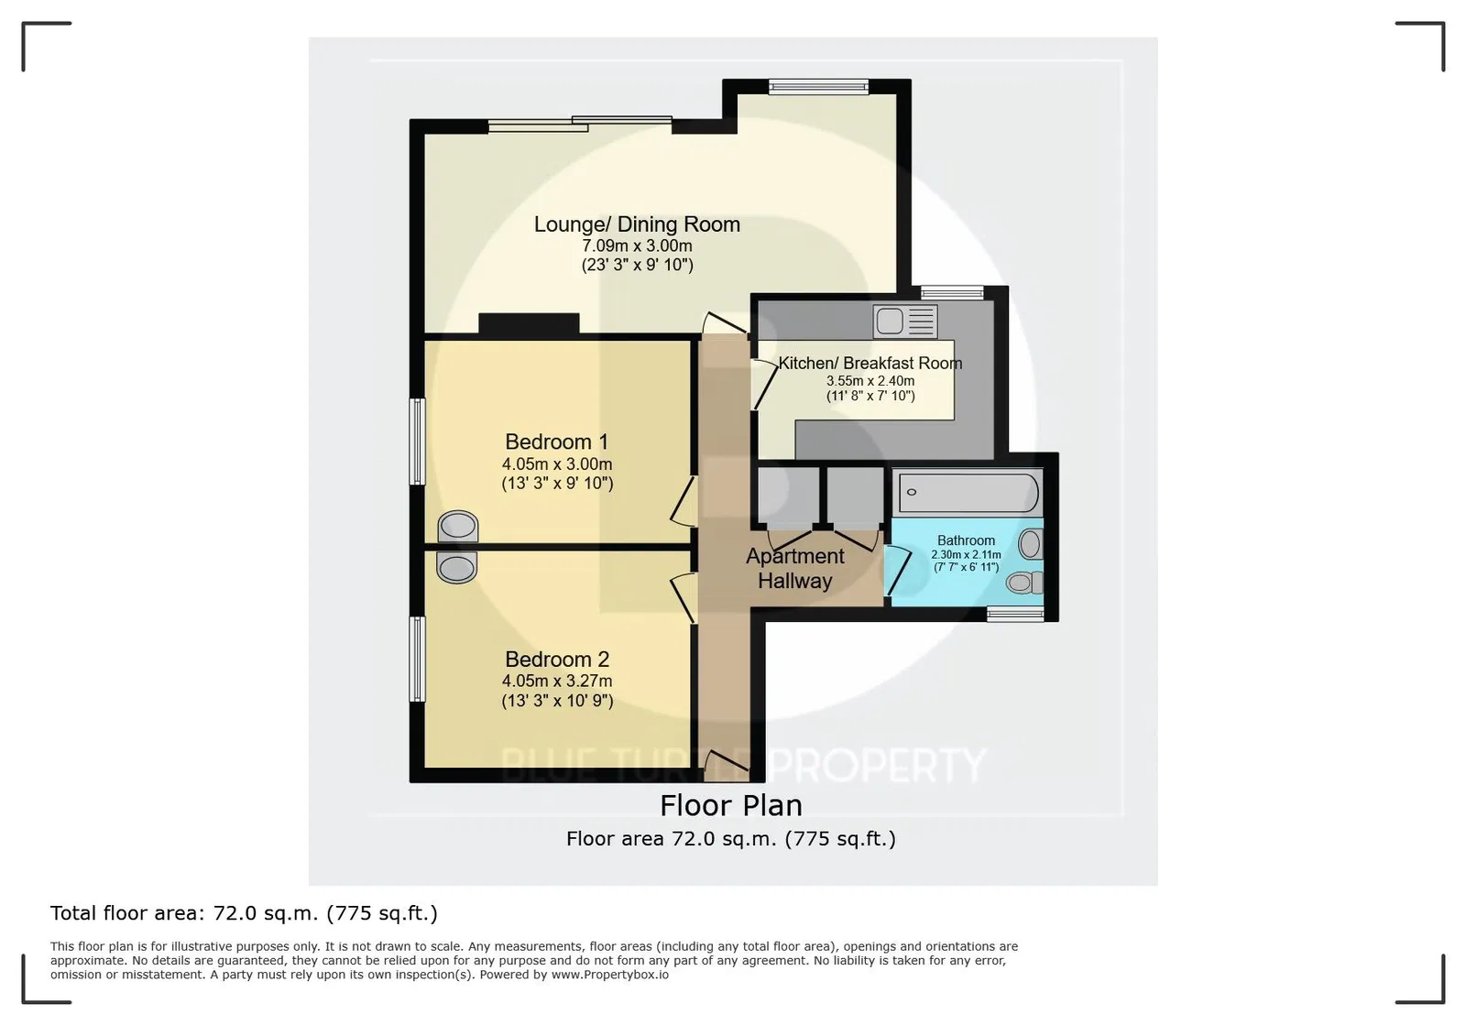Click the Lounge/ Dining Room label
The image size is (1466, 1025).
(x=637, y=224)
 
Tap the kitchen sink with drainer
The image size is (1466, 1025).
(x=905, y=322)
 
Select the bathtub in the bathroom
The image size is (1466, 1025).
(x=968, y=493)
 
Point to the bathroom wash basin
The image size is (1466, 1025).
(x=1030, y=544)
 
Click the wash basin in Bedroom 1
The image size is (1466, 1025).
(x=457, y=527)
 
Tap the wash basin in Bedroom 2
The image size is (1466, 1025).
(x=457, y=566)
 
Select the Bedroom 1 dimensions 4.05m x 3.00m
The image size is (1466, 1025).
(x=557, y=464)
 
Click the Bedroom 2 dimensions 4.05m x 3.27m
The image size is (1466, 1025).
(x=557, y=681)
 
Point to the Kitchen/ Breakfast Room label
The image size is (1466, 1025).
(x=870, y=363)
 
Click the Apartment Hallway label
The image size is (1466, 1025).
(x=795, y=569)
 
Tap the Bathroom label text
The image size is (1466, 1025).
(x=966, y=540)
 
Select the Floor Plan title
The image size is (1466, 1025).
(x=731, y=805)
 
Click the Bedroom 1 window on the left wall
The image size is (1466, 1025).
(x=417, y=442)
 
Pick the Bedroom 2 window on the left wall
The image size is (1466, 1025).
(x=417, y=659)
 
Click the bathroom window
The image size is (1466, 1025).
(x=1015, y=614)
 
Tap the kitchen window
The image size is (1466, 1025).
(x=952, y=292)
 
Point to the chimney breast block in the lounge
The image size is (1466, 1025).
(x=529, y=323)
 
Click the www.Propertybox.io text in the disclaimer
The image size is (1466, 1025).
(x=610, y=975)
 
